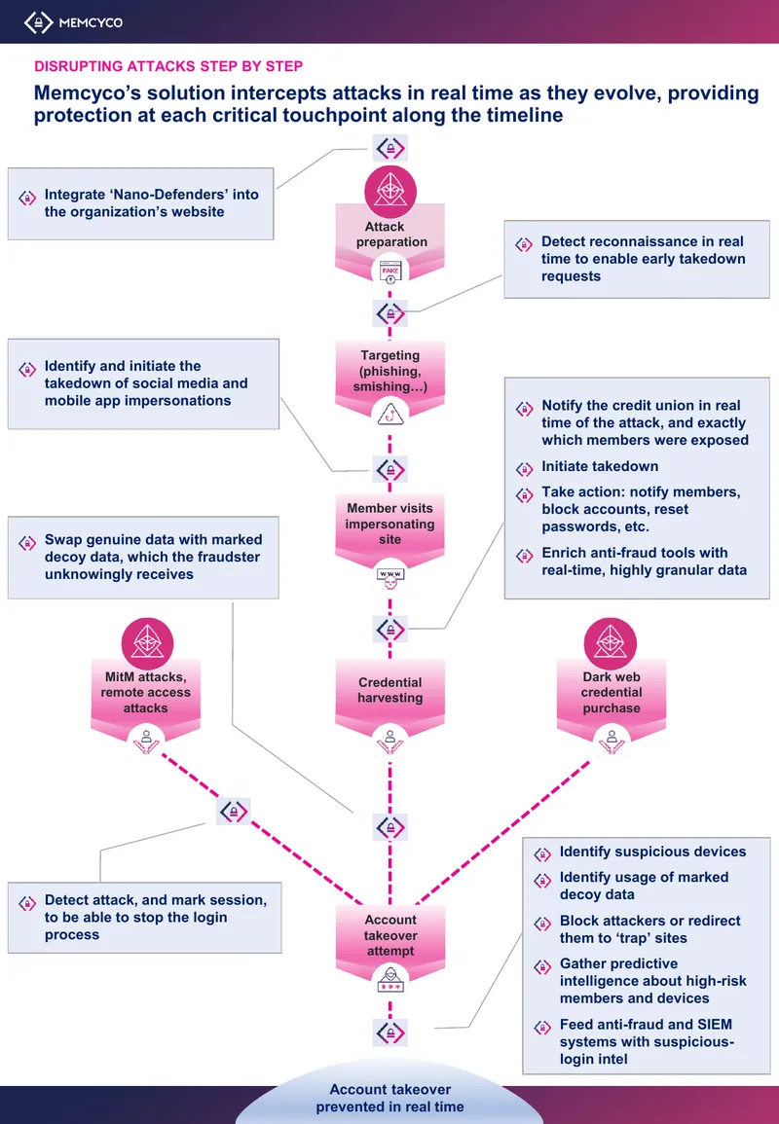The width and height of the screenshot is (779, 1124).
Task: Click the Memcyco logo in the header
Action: (73, 22)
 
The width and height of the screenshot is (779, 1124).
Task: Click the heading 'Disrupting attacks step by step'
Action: (168, 66)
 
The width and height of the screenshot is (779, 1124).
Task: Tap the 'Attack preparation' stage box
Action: (390, 236)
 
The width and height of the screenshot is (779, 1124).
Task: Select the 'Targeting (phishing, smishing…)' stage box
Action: (390, 372)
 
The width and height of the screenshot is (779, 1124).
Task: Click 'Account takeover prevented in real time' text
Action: (390, 1098)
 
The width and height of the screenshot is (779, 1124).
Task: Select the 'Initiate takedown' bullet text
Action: (600, 466)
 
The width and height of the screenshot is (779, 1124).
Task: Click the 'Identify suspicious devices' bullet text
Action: (652, 852)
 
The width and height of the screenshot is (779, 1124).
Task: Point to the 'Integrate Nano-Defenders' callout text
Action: (151, 202)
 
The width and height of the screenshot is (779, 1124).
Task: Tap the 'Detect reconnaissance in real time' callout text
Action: (644, 259)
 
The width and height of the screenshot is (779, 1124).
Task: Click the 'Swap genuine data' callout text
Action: (154, 557)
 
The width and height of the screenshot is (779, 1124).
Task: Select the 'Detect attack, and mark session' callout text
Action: (156, 918)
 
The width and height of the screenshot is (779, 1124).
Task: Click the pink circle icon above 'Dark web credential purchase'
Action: (612, 643)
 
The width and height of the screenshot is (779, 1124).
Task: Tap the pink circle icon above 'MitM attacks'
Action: (147, 643)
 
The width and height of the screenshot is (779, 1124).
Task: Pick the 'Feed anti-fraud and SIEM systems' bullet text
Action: (647, 1041)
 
